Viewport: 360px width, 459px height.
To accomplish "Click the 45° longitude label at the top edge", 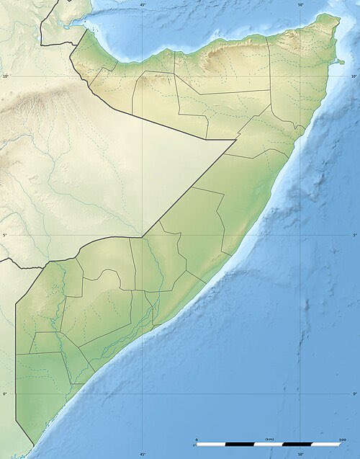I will (x=143, y=5).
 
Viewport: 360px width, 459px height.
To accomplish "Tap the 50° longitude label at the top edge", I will (x=300, y=5).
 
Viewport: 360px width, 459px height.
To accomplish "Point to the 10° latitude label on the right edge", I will (x=354, y=76).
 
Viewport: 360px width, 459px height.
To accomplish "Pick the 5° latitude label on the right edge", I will (x=355, y=235).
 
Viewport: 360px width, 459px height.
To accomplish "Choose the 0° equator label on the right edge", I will (x=355, y=394).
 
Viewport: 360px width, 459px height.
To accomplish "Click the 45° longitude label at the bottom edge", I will (x=143, y=454).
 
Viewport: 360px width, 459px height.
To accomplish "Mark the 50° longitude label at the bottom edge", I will (x=300, y=454).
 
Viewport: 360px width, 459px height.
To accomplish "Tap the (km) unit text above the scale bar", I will (x=269, y=438).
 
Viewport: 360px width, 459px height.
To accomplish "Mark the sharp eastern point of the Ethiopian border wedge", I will (x=237, y=140).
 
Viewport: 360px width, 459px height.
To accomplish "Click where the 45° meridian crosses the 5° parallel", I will (x=143, y=235).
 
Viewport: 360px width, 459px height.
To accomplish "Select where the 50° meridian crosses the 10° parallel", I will (x=300, y=76).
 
